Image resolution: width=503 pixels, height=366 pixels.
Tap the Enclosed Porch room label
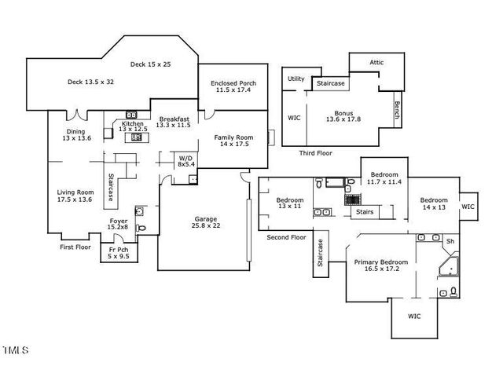[232, 86]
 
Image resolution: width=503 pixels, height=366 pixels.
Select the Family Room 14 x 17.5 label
[232, 141]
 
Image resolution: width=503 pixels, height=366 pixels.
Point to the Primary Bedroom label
[381, 265]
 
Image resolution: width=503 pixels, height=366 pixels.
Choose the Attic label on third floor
[378, 64]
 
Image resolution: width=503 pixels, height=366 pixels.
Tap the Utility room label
[296, 79]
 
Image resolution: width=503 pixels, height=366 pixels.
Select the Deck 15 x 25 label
[152, 64]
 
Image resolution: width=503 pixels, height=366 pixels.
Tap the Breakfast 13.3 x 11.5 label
[173, 122]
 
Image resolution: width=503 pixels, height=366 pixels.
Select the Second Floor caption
[286, 236]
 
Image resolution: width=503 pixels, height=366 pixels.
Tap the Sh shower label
[450, 241]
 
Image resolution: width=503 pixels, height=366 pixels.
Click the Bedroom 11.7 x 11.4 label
[385, 178]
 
